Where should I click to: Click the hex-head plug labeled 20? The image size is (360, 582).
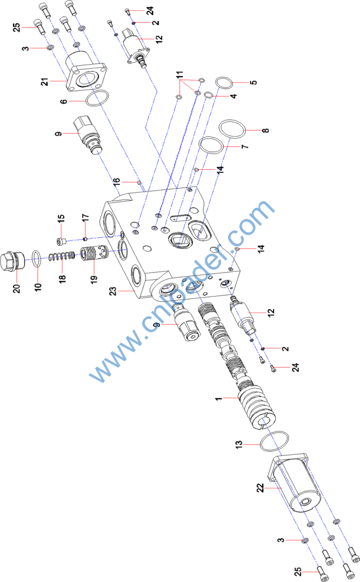pos(13,260)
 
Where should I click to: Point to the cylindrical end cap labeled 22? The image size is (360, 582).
pos(293,483)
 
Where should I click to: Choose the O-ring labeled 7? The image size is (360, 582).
pos(211,144)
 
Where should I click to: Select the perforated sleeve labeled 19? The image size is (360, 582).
pos(94,253)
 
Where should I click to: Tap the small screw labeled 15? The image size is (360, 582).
pos(61,242)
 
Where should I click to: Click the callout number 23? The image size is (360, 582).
pos(113,291)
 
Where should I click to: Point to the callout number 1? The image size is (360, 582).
pos(218,398)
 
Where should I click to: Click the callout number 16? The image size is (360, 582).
pos(117,181)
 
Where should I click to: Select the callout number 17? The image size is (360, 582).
pos(85,218)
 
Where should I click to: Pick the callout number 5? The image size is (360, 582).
pos(253,82)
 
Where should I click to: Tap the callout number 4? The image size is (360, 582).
pos(233,96)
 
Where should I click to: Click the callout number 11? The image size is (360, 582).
pos(180,74)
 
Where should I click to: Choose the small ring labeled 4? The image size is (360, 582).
pos(209,95)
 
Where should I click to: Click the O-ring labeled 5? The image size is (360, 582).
pos(224,83)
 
